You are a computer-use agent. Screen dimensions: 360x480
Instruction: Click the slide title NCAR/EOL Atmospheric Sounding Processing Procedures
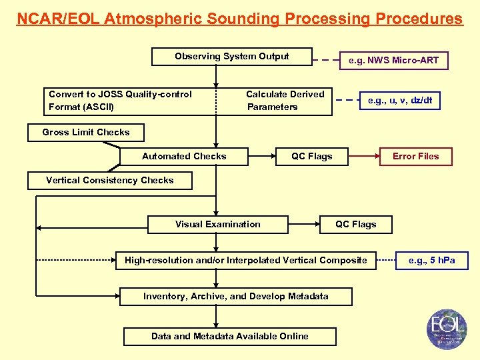(239, 19)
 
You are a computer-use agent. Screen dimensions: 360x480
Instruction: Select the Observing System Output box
(231, 57)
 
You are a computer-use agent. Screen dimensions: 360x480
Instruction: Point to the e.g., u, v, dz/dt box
(400, 101)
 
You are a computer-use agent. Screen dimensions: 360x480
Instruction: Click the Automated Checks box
(184, 157)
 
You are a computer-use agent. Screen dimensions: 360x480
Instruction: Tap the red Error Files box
(415, 157)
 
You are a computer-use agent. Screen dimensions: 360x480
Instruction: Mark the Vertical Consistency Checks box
(109, 181)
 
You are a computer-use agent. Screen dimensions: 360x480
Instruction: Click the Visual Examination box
(217, 225)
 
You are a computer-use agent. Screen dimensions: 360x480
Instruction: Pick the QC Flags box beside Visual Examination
(355, 225)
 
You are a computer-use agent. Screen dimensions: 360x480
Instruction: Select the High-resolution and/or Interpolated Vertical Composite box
(246, 260)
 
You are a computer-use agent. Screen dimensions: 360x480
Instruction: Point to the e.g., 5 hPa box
(431, 260)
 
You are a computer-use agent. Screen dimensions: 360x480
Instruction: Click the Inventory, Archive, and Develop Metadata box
(236, 297)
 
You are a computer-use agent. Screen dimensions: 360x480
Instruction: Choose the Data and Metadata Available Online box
(229, 336)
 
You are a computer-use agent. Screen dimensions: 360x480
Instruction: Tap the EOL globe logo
(447, 329)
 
